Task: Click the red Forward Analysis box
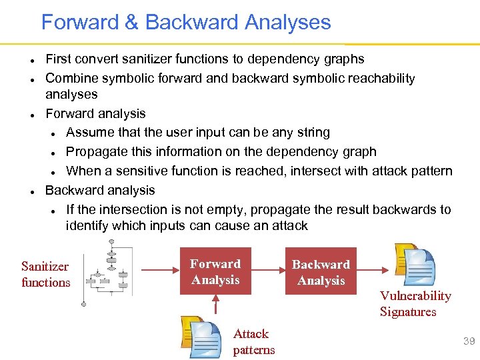click(x=215, y=272)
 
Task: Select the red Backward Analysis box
click(x=321, y=272)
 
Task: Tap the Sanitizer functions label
click(x=45, y=274)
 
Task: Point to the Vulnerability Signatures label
click(x=415, y=303)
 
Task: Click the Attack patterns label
click(x=253, y=341)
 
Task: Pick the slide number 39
click(x=469, y=341)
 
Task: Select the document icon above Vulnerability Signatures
click(x=414, y=265)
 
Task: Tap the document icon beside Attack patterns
click(x=201, y=337)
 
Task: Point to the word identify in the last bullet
click(x=87, y=225)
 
